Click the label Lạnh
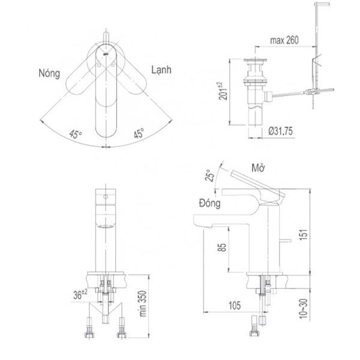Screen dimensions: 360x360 (x=160, y=70)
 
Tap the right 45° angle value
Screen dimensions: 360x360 (x=138, y=134)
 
